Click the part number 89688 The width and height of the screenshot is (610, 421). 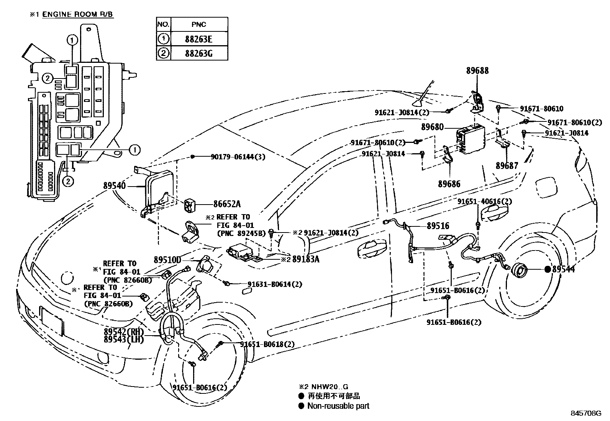tap(477, 70)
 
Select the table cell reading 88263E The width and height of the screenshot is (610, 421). tap(198, 39)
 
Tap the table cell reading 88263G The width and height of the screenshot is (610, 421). tap(198, 53)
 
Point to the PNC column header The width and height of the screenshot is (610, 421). tap(198, 25)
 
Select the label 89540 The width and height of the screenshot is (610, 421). tap(114, 185)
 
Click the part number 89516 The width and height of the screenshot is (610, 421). tap(438, 226)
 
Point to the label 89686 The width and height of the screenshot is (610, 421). tap(449, 183)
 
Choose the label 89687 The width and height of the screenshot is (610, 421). tap(507, 165)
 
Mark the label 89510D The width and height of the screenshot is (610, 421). tap(167, 260)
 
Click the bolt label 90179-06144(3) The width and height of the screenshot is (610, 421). tap(238, 157)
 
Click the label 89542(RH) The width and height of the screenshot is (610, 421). tap(123, 331)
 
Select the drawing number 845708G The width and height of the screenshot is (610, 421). tap(586, 413)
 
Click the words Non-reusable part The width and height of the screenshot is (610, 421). tap(338, 406)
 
